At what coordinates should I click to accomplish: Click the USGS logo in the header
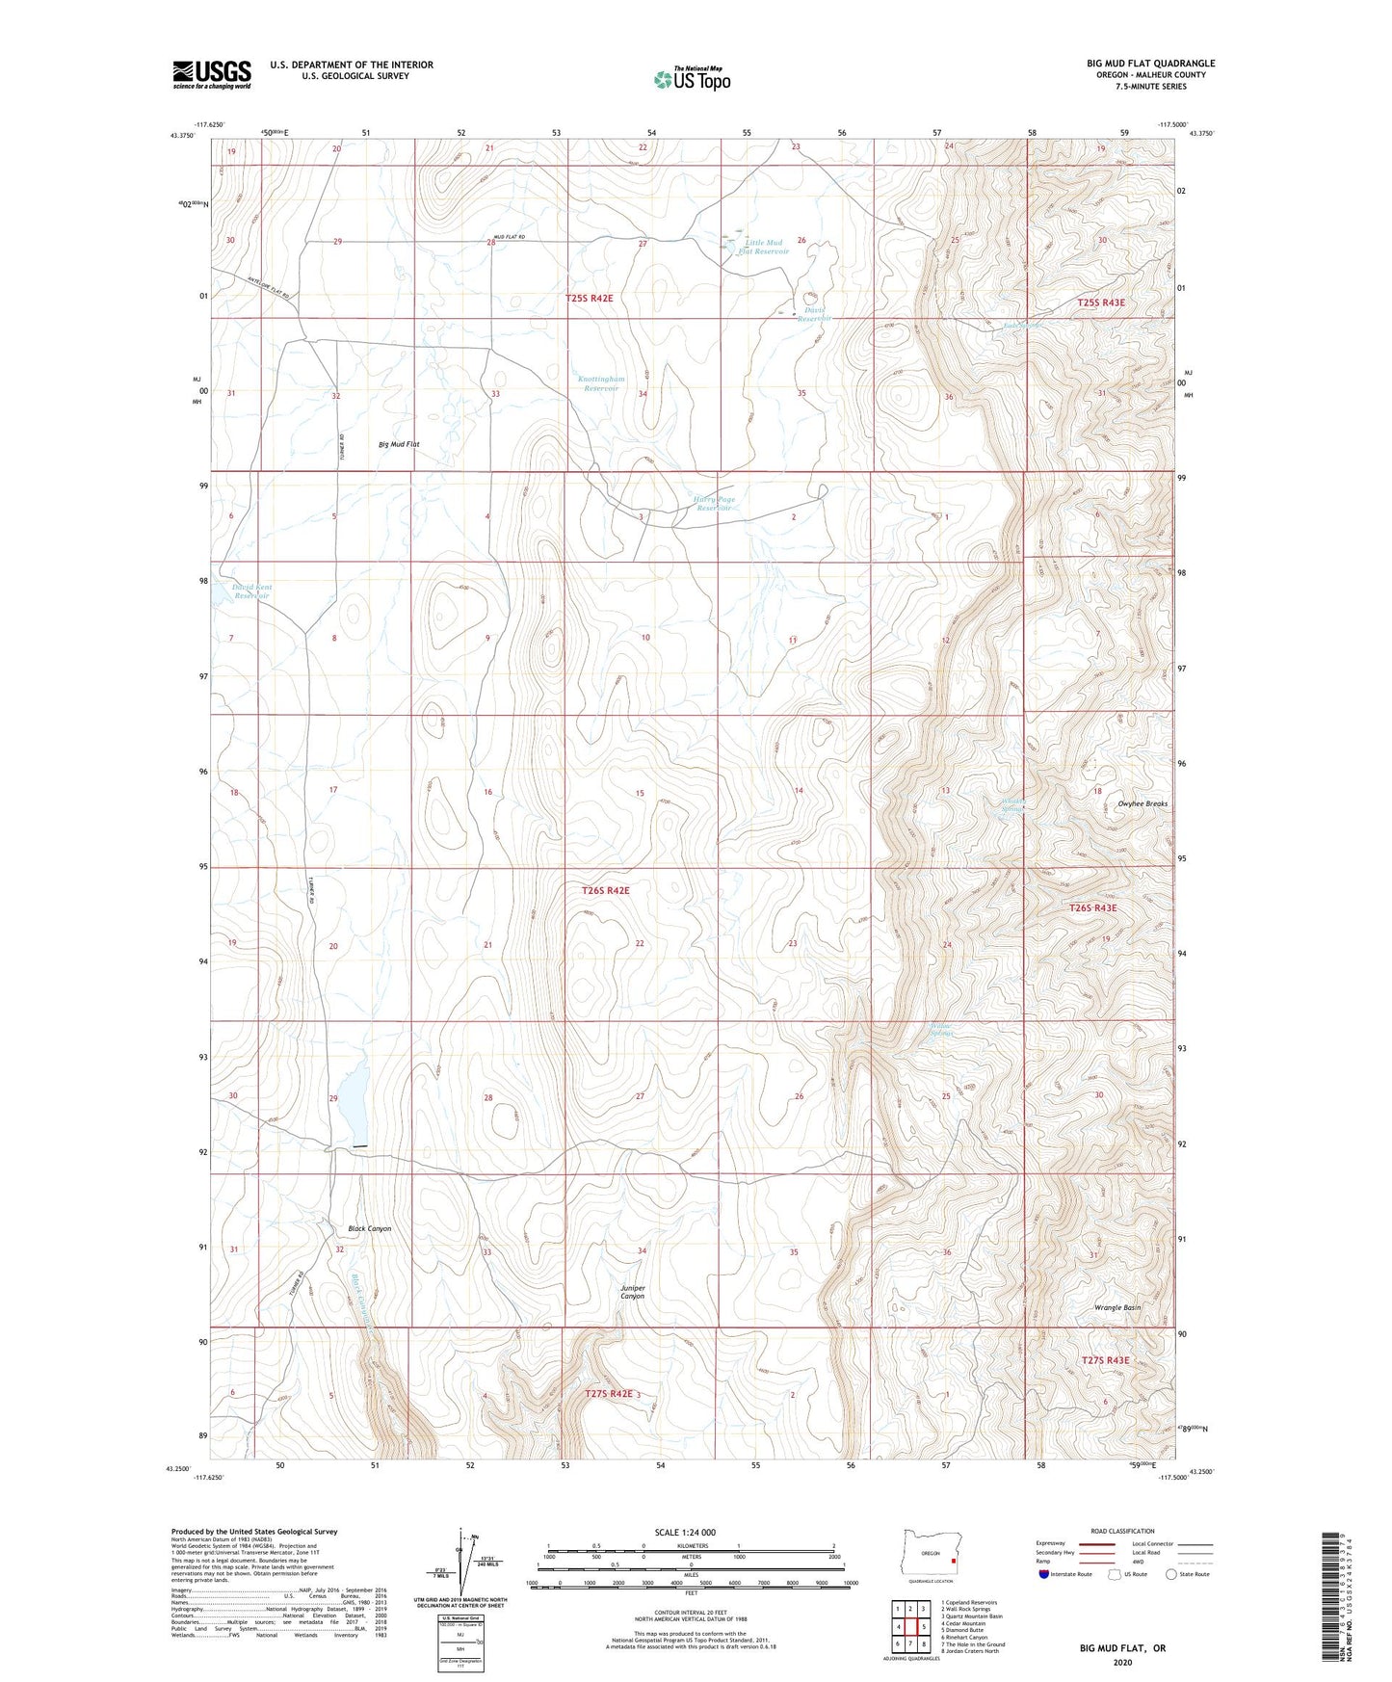[212, 73]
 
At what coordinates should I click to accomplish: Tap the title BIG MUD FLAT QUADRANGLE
[1150, 64]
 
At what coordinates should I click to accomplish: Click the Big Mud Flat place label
[399, 445]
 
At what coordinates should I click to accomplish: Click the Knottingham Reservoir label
[601, 383]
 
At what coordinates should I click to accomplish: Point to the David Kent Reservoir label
[251, 591]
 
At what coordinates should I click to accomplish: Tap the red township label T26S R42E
[605, 891]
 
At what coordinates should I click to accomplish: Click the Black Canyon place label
[369, 1229]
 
